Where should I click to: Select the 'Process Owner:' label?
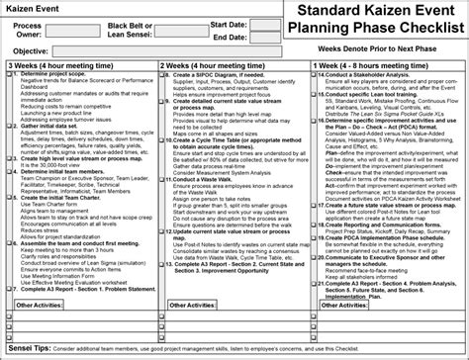tap(28, 31)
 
